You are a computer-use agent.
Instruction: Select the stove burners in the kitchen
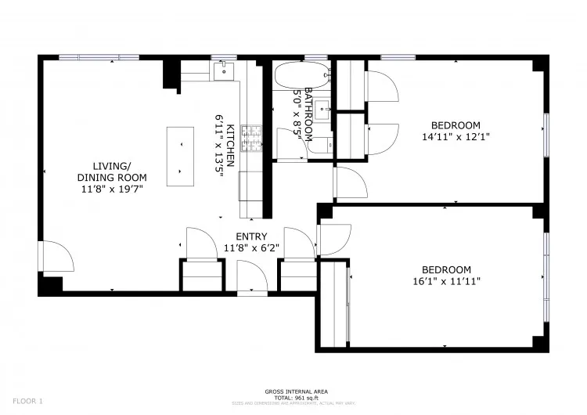(252, 139)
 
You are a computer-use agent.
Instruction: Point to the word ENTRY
(252, 236)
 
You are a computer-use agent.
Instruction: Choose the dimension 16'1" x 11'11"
(445, 281)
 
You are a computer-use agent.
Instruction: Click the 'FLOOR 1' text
(27, 401)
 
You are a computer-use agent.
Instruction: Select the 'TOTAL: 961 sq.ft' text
(296, 399)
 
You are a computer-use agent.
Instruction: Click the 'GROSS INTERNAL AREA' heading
(296, 391)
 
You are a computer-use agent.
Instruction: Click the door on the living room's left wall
(53, 257)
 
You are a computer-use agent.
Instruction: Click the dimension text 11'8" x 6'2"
(252, 248)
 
